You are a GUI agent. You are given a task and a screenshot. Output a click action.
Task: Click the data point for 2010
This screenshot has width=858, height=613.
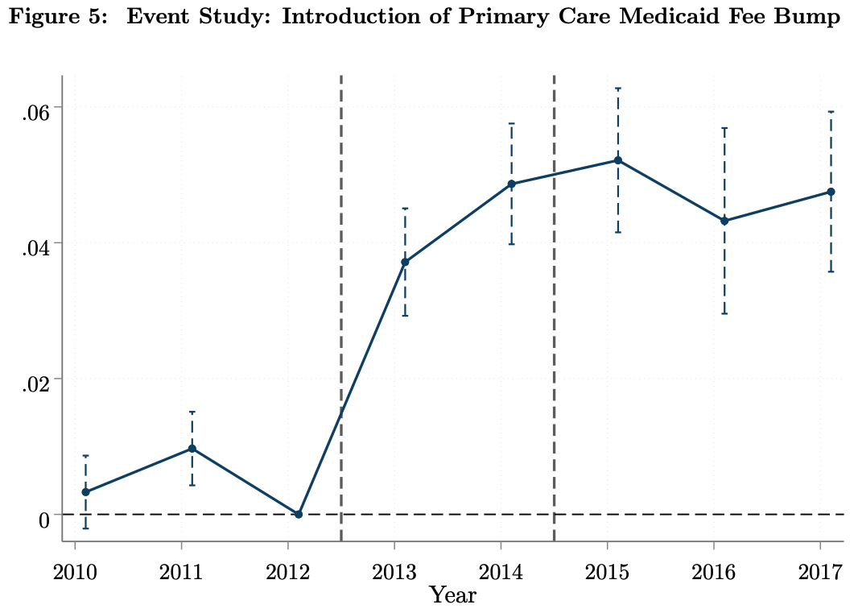[x=85, y=492]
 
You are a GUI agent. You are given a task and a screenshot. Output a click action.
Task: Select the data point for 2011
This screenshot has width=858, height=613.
[x=192, y=449]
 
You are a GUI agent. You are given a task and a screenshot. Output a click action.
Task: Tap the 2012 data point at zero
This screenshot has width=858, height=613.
[x=299, y=514]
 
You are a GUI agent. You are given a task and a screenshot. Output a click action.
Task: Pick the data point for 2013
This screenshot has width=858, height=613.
[x=405, y=263]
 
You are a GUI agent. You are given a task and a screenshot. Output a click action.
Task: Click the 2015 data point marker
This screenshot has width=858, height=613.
[x=618, y=160]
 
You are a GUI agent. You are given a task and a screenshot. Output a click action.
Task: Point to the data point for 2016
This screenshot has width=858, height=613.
[x=724, y=221]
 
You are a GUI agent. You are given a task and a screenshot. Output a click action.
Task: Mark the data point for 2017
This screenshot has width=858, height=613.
[x=831, y=192]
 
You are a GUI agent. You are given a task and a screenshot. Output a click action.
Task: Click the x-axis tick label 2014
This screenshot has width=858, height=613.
[x=501, y=572]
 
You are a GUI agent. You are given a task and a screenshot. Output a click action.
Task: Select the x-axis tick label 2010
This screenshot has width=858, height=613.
[x=75, y=572]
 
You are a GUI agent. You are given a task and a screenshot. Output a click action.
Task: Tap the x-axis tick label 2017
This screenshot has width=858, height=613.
[x=820, y=572]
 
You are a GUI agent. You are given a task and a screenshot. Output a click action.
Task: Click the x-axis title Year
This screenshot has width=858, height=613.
[x=452, y=596]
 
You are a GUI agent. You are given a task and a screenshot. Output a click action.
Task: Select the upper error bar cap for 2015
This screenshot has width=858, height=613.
[x=618, y=88]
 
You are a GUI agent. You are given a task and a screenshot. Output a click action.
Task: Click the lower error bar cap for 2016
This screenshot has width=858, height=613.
[x=724, y=313]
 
